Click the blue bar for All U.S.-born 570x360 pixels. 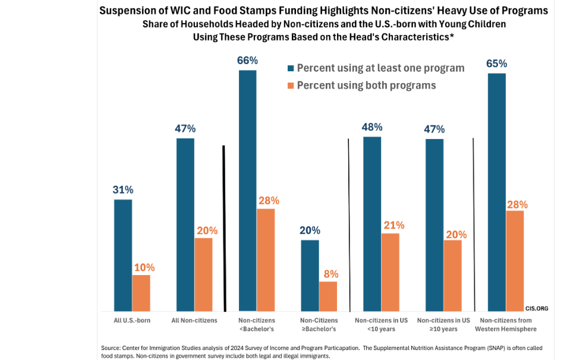[x=123, y=255]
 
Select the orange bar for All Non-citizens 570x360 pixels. [x=203, y=274]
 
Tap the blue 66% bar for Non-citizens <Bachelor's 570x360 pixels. [x=248, y=190]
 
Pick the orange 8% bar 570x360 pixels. [x=327, y=296]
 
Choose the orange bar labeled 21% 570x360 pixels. [x=390, y=272]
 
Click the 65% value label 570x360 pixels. [x=496, y=64]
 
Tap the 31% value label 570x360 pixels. [x=123, y=190]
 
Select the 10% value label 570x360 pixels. [x=144, y=267]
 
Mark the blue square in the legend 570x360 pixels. [x=290, y=68]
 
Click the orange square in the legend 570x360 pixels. [x=290, y=86]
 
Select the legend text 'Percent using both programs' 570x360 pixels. [x=366, y=86]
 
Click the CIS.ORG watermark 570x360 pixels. [x=536, y=308]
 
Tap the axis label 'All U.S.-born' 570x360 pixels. [x=132, y=321]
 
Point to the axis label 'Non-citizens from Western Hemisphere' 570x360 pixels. [x=506, y=325]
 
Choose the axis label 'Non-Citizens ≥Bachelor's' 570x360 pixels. [x=319, y=325]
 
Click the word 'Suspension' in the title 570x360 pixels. [x=125, y=11]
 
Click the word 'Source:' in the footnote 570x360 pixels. [x=111, y=348]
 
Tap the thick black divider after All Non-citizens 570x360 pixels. [x=223, y=228]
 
